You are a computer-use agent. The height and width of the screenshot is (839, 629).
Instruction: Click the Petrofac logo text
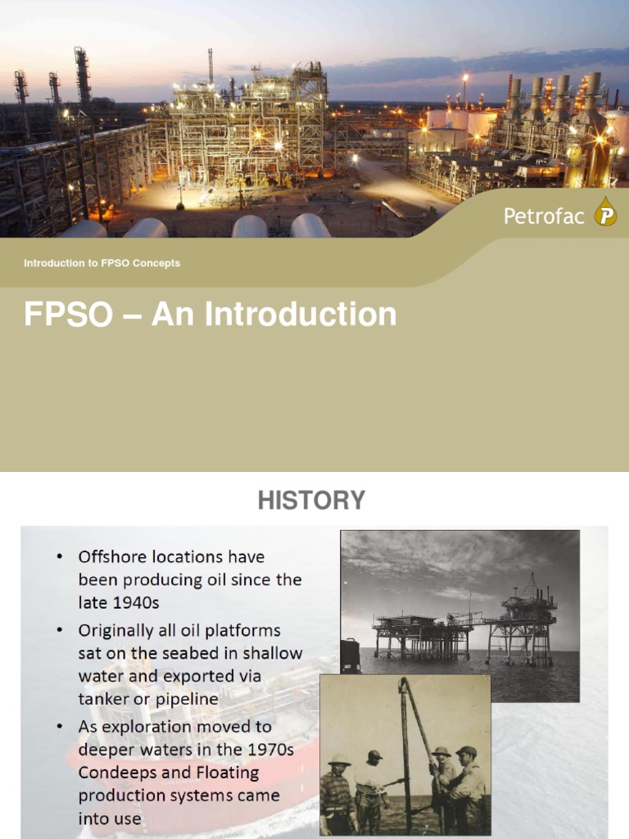[544, 216]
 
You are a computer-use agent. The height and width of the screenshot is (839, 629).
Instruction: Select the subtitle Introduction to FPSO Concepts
[102, 263]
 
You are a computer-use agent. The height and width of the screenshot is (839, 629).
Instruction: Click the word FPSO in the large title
[67, 315]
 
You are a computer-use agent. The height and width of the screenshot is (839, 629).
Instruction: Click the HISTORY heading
[311, 500]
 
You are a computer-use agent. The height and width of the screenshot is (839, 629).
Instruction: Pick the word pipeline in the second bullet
[183, 698]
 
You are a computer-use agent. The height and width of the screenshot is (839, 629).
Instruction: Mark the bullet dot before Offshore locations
[60, 557]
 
